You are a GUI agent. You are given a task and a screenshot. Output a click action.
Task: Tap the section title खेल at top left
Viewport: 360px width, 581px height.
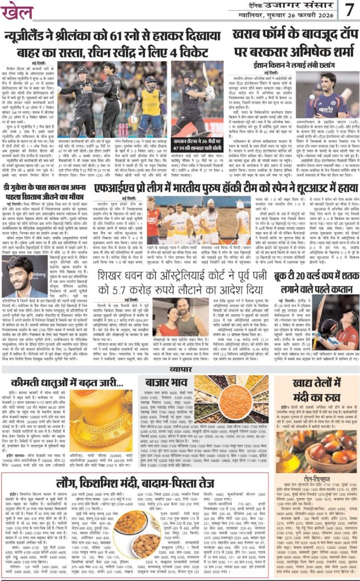(x=18, y=12)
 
